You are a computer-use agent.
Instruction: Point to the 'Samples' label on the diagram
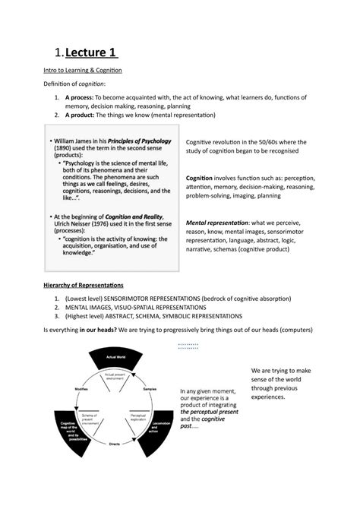click(150, 387)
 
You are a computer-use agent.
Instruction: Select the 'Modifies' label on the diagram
click(81, 387)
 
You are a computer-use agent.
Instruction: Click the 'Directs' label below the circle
click(115, 444)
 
